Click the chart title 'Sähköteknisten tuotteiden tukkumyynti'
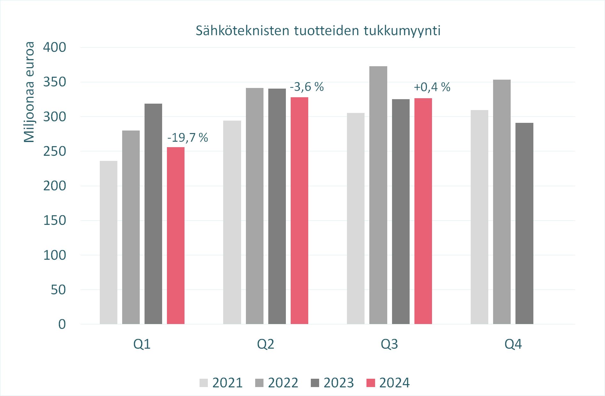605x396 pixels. click(x=318, y=31)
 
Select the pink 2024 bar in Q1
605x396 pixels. click(x=176, y=235)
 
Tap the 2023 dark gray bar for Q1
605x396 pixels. click(x=153, y=214)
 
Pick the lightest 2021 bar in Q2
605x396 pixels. click(x=232, y=222)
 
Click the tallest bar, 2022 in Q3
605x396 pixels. click(x=378, y=195)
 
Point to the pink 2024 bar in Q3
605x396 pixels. click(x=423, y=211)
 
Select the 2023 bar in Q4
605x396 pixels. click(x=524, y=223)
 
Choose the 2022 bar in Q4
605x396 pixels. click(x=502, y=202)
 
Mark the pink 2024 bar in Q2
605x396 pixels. click(x=299, y=210)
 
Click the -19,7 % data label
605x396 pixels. click(x=188, y=138)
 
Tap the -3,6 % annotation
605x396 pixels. click(x=307, y=87)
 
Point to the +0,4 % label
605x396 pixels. click(x=432, y=87)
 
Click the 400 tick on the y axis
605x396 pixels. click(x=55, y=47)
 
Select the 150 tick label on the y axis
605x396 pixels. click(x=55, y=220)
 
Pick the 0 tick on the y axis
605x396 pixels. click(x=62, y=324)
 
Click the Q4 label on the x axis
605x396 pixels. click(x=513, y=344)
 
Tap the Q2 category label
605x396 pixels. click(x=265, y=344)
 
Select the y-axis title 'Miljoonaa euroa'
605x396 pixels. click(x=29, y=92)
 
